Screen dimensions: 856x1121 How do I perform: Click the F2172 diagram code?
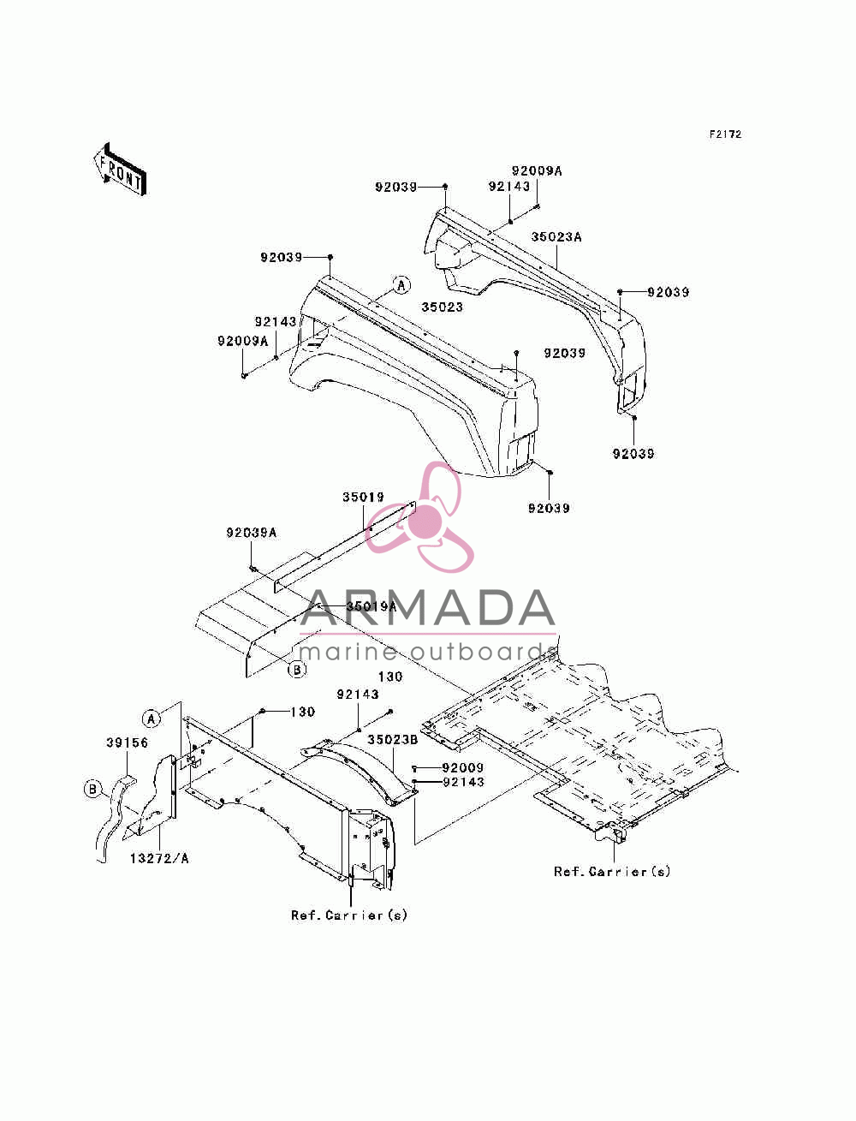[724, 134]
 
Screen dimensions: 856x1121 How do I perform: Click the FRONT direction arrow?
[121, 169]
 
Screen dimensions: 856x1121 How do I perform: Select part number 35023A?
[556, 237]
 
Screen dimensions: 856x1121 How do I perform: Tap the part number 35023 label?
[442, 307]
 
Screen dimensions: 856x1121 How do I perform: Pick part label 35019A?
[372, 606]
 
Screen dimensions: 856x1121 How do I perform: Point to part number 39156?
[127, 742]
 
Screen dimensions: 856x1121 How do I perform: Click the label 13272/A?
[159, 858]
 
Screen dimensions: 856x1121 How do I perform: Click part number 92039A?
[251, 533]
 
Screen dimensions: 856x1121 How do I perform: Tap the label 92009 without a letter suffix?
[462, 767]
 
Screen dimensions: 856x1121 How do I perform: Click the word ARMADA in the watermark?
[427, 608]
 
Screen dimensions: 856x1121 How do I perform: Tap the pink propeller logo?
[419, 517]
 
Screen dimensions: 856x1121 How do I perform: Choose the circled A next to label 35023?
[401, 285]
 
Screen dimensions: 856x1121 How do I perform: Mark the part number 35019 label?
[363, 497]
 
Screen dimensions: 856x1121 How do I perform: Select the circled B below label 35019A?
[297, 669]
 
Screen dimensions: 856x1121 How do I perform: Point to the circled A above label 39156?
[152, 719]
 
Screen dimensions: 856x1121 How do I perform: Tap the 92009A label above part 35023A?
[537, 170]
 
